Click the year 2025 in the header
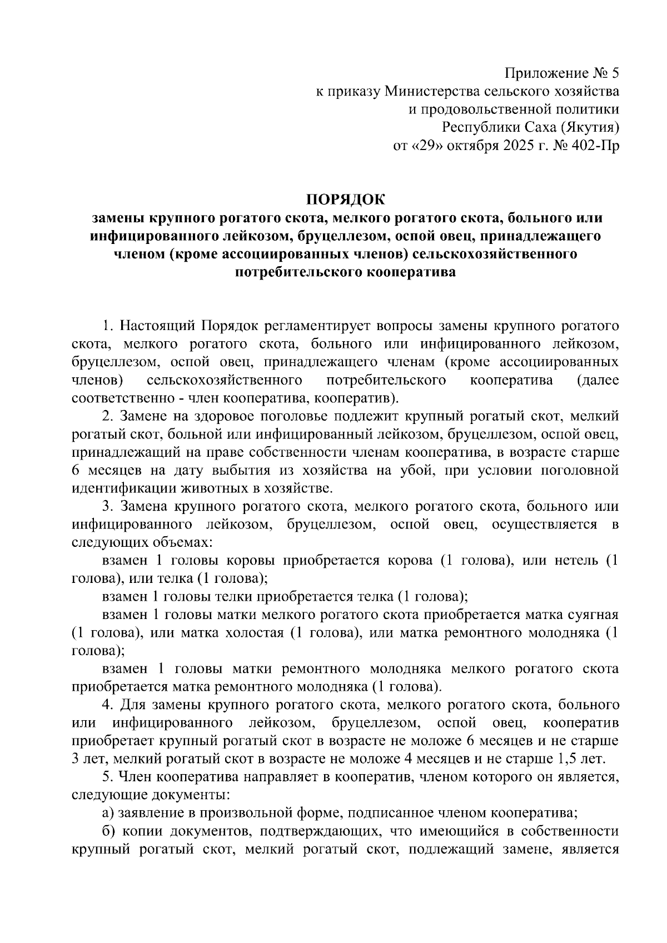[x=503, y=146]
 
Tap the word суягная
[x=591, y=615]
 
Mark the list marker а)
[x=108, y=814]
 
